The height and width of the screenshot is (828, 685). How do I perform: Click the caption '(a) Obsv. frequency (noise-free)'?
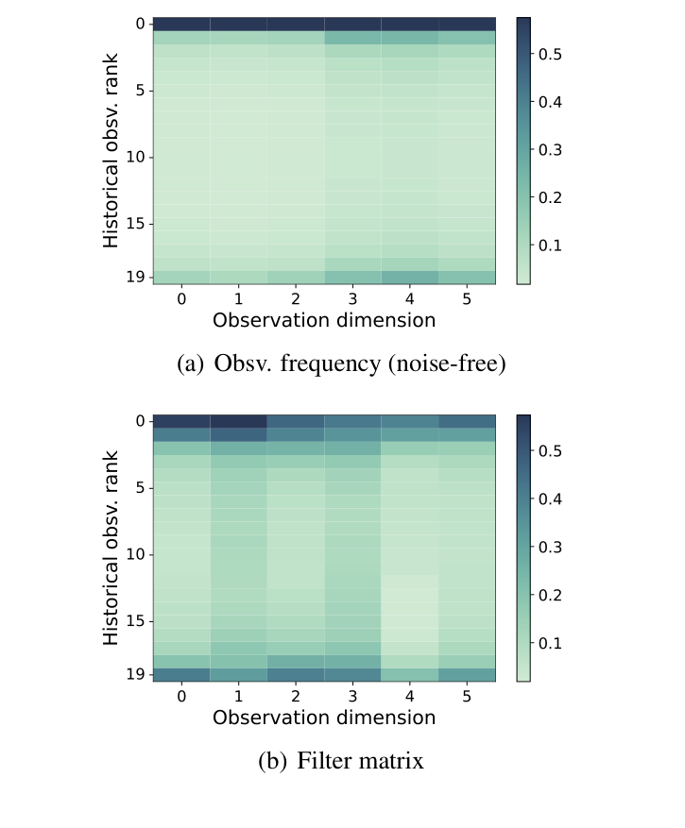341,363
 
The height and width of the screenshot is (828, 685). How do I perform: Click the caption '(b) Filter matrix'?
341,761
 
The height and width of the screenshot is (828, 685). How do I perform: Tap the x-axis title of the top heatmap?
324,320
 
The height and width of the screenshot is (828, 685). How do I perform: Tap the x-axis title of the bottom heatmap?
324,718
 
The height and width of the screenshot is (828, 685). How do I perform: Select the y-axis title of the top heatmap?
111,151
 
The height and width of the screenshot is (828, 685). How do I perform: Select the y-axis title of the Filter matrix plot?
111,549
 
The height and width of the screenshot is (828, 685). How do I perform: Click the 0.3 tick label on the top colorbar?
552,150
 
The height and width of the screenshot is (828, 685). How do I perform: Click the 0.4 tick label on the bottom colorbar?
552,499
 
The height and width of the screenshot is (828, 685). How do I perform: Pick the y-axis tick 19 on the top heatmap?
135,277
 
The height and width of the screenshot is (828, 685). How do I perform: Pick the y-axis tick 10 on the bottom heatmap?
135,554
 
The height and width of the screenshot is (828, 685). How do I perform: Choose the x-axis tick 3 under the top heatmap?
353,298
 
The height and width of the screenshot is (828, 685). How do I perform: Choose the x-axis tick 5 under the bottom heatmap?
468,696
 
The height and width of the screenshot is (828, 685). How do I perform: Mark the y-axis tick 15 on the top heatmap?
135,224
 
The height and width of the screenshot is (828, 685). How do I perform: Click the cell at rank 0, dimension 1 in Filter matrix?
238,421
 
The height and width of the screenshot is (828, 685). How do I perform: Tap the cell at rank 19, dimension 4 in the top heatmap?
410,277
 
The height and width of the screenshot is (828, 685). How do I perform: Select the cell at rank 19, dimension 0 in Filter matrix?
181,674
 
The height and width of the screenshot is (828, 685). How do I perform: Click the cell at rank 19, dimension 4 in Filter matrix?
410,674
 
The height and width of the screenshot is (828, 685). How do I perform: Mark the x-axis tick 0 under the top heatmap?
181,298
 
